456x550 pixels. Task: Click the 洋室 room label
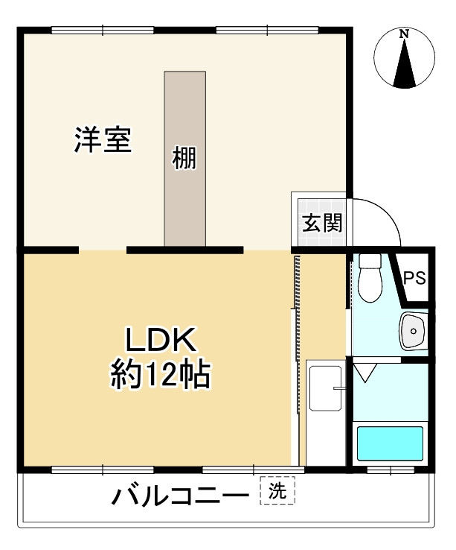point(103,140)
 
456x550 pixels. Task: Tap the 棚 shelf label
point(184,158)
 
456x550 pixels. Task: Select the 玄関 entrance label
point(322,222)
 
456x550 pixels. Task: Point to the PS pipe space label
point(414,278)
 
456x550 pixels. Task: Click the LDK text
point(161,339)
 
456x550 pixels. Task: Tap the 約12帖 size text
point(161,375)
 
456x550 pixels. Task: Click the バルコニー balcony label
point(180,496)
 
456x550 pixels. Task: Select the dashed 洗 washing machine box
point(277,490)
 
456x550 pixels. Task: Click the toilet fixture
point(370,277)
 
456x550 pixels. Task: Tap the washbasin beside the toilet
point(414,330)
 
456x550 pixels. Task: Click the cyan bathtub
point(390,443)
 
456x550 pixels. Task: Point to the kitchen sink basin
point(325,388)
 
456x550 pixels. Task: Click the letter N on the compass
point(405,34)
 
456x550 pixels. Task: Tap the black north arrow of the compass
point(405,63)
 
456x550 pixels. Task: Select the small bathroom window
point(390,470)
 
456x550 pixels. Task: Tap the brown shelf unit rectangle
point(185,159)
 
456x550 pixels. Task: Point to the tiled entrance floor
point(321,222)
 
